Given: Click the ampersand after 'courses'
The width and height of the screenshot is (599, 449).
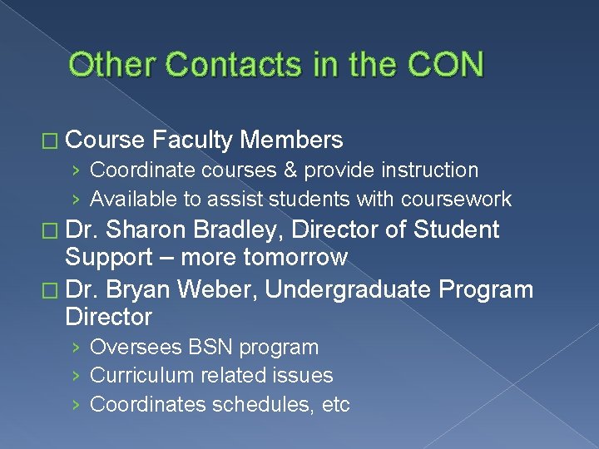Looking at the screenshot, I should (289, 170).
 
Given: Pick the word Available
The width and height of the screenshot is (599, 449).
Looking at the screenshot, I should (133, 200).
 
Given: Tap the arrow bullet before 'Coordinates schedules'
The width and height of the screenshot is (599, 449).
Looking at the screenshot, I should (77, 405).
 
